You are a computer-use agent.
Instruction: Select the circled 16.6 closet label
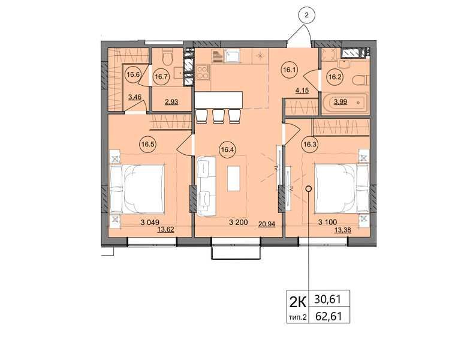[x=133, y=74]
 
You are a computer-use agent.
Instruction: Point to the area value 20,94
[x=267, y=224]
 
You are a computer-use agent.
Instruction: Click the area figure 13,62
[x=166, y=230]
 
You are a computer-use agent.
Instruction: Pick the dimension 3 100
[x=327, y=222]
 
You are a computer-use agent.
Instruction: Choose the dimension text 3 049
[x=150, y=222]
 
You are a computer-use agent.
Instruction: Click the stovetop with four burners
[x=203, y=72]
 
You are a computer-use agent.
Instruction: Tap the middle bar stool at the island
[x=218, y=115]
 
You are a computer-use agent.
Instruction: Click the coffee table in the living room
[x=234, y=178]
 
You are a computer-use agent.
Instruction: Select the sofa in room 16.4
[x=206, y=187]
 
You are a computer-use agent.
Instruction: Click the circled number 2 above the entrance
[x=306, y=15]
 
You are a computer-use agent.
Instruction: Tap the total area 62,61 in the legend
[x=329, y=316]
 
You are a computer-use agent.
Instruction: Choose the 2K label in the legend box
[x=297, y=302]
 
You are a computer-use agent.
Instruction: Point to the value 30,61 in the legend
[x=328, y=299]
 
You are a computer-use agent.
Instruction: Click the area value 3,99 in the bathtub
[x=340, y=102]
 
